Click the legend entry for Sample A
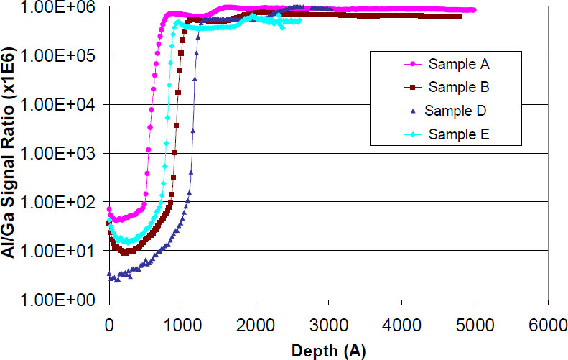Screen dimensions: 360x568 [459, 64]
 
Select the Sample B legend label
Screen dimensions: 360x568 [459, 87]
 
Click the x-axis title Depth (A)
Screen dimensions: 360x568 [328, 350]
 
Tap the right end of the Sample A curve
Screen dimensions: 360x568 [473, 10]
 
